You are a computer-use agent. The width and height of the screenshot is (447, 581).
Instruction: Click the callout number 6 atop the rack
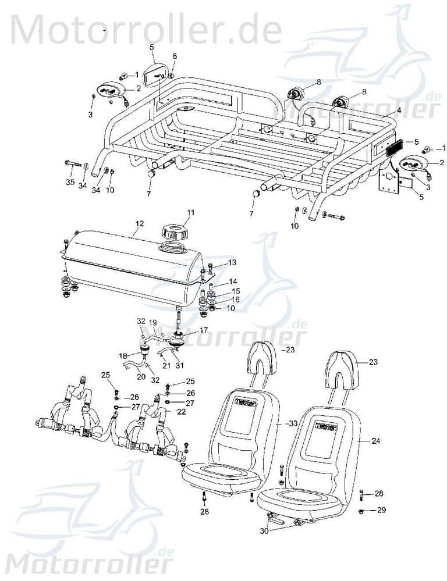point(174,56)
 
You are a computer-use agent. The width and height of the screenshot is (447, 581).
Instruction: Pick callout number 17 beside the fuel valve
point(204,330)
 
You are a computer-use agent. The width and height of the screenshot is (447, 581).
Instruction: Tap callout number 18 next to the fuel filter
point(123,356)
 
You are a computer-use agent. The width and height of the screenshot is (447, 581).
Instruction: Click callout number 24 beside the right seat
point(376,441)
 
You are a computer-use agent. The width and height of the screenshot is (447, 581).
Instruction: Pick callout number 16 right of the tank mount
point(236,300)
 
